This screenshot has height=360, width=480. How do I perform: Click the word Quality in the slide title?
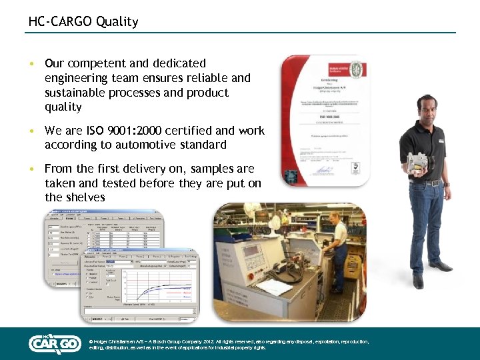tap(117, 21)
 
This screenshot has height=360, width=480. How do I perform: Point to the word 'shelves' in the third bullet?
tap(85, 197)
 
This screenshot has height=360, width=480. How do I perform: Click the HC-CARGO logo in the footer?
tap(55, 343)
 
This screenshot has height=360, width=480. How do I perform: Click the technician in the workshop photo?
tap(339, 247)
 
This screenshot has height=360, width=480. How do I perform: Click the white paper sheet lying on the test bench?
tap(273, 287)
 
